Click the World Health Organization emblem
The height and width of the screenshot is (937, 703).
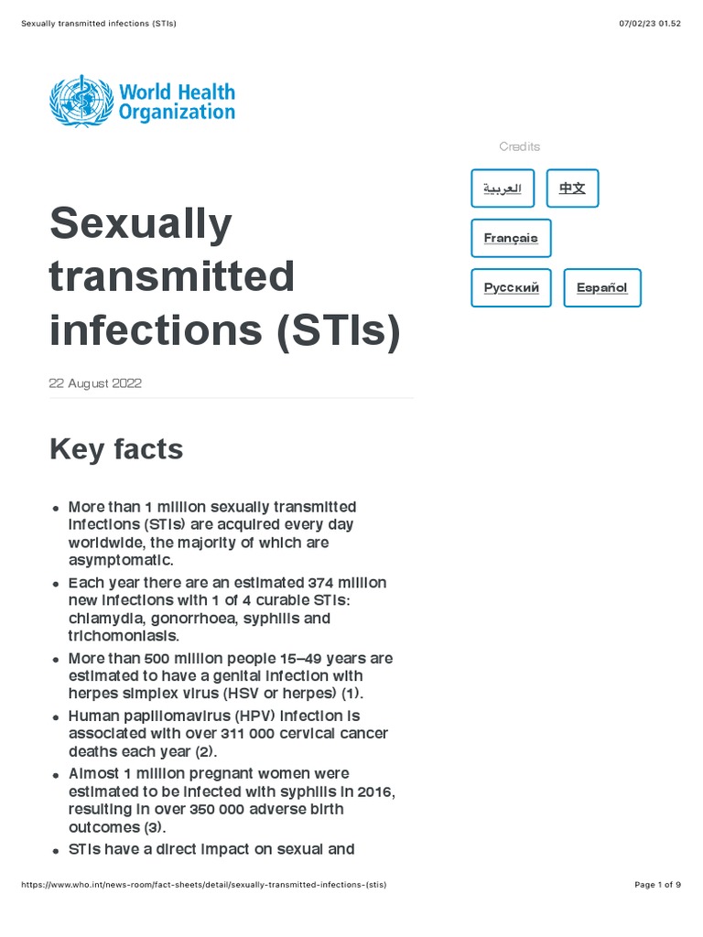(81, 101)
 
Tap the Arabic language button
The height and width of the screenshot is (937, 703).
(503, 188)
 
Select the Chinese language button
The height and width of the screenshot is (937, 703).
(572, 188)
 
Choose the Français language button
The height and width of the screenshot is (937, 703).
(511, 238)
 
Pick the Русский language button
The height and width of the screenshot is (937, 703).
(511, 287)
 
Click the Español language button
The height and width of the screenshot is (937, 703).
(601, 287)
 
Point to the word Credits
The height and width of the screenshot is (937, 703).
(519, 146)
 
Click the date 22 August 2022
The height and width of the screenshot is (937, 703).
(95, 383)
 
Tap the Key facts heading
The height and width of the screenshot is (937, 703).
(116, 449)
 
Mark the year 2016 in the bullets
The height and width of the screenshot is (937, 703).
(377, 791)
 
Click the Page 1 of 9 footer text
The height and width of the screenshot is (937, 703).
(657, 885)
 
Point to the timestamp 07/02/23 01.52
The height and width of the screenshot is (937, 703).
(650, 23)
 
